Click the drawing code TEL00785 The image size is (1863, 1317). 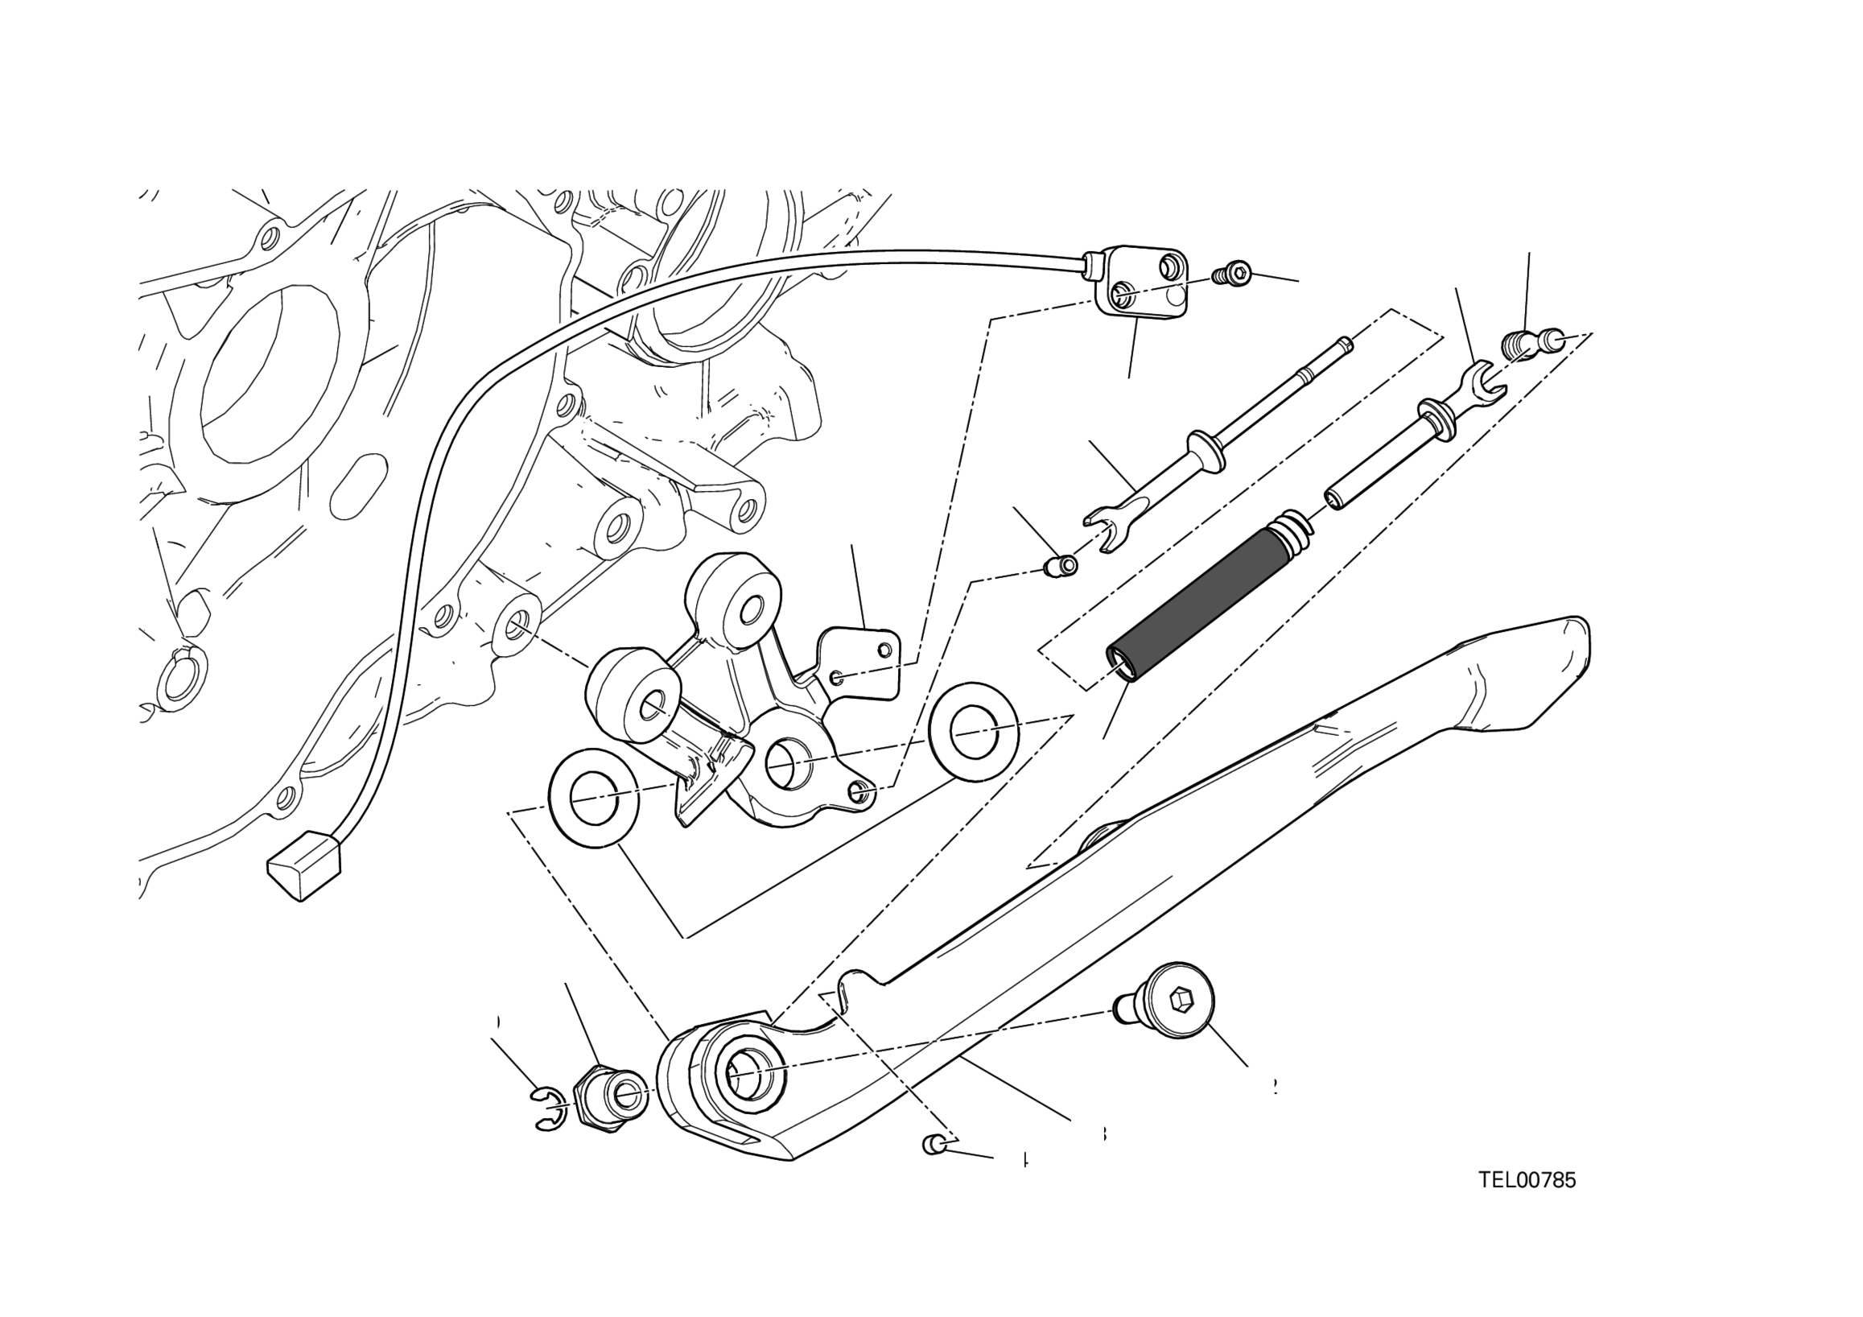(x=1527, y=1180)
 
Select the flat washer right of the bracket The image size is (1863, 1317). (x=973, y=731)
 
